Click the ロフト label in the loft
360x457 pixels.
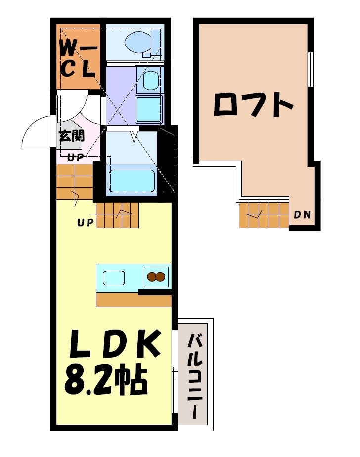[x=253, y=104]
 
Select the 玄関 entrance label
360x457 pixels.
[x=72, y=136]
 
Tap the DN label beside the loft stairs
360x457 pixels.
[x=302, y=215]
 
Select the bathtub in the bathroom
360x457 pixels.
[x=132, y=181]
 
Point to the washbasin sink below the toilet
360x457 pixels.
[x=150, y=79]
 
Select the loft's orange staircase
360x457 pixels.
[x=264, y=214]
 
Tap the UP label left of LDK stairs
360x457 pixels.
[x=85, y=222]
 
